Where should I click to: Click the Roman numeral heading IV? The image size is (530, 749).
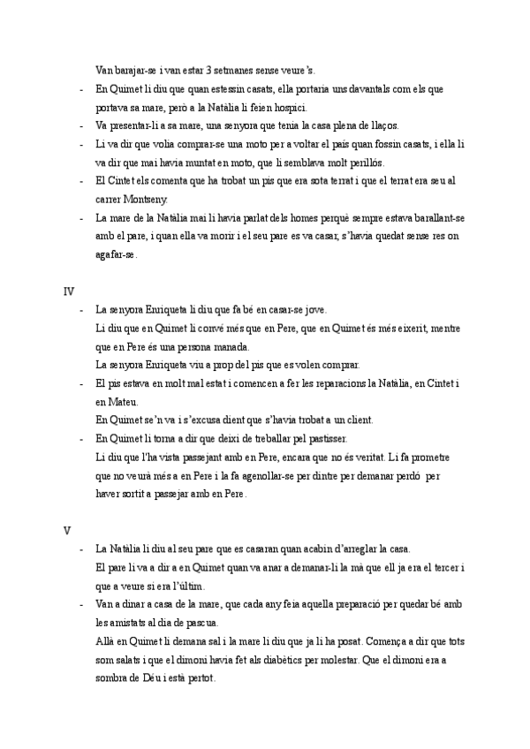coord(69,291)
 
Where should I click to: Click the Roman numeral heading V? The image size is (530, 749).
coord(67,530)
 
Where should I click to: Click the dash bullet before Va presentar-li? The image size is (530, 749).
coord(81,125)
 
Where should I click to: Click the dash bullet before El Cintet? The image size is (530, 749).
coord(81,181)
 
